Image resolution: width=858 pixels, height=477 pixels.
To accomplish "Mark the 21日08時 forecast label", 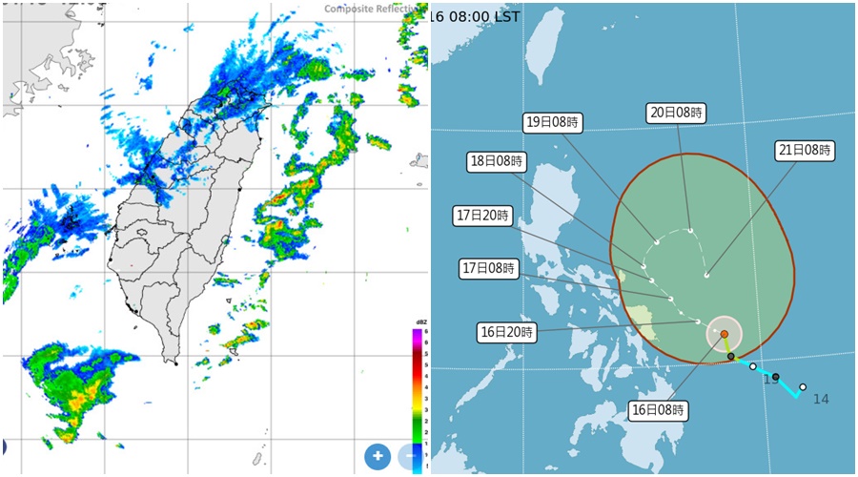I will click(x=804, y=150).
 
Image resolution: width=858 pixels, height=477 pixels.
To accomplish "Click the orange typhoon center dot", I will click(x=725, y=334).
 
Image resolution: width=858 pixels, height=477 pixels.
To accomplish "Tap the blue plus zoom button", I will click(x=378, y=456).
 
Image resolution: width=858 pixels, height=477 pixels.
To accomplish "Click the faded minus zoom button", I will click(x=411, y=456).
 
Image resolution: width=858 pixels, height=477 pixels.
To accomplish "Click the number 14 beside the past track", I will click(x=820, y=399).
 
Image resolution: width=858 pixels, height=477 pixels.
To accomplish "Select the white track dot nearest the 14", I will click(x=803, y=386).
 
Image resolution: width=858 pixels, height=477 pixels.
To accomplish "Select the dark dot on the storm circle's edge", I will click(x=731, y=356).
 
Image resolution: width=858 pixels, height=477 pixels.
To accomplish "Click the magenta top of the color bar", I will click(x=417, y=334).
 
